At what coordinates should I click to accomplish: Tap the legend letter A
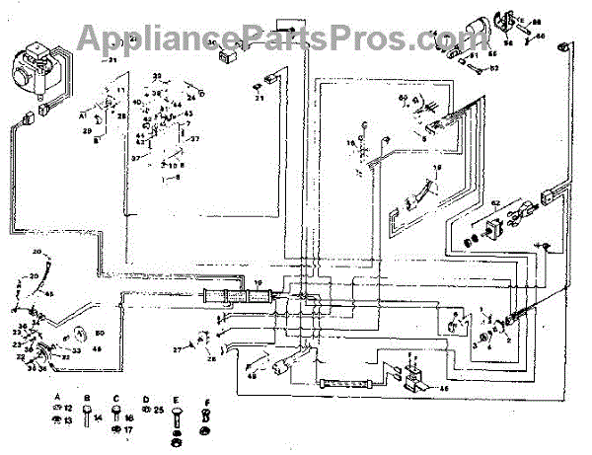click(57, 397)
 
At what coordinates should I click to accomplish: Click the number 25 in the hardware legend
click(159, 409)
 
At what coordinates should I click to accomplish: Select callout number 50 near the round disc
click(99, 333)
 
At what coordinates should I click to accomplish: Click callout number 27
click(178, 349)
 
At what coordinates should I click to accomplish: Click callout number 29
click(87, 130)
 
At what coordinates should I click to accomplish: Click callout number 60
click(404, 99)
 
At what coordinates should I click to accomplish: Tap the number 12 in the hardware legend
click(69, 409)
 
